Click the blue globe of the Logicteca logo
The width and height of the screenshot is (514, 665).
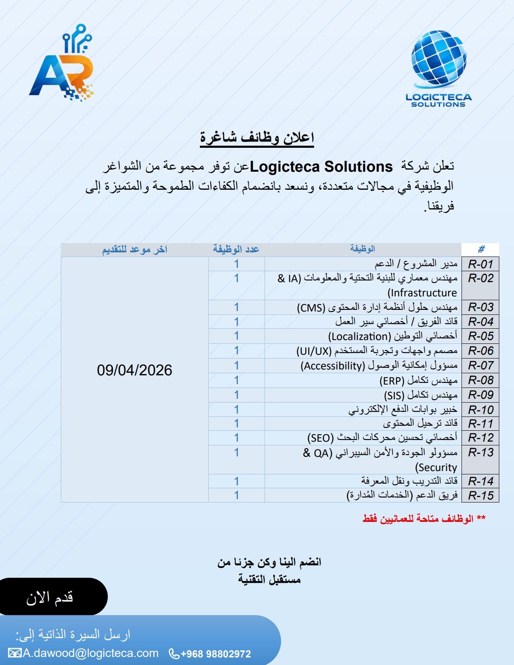[x=438, y=59]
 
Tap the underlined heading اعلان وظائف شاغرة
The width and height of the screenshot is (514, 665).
[x=257, y=138]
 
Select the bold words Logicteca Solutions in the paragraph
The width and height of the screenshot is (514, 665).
[x=321, y=167]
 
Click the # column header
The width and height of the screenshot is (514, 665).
[x=481, y=249]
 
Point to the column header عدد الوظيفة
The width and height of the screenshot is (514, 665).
[x=236, y=249]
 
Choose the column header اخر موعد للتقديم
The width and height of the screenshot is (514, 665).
[x=134, y=250]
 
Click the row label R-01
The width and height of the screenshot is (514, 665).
[x=480, y=264]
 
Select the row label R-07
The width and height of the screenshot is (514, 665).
[x=480, y=365]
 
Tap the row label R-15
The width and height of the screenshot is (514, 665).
[x=480, y=495]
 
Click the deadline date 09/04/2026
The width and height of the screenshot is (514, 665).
[x=134, y=370]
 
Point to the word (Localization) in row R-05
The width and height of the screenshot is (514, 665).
[x=359, y=336]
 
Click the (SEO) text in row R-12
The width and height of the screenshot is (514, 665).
[x=320, y=438]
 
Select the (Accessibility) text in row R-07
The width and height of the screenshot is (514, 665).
[x=333, y=366]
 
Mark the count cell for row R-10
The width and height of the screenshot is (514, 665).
[x=236, y=409]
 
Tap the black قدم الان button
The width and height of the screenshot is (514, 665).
[x=50, y=597]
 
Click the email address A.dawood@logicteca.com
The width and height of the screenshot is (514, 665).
[x=90, y=653]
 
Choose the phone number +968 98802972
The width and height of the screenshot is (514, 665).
[x=215, y=654]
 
